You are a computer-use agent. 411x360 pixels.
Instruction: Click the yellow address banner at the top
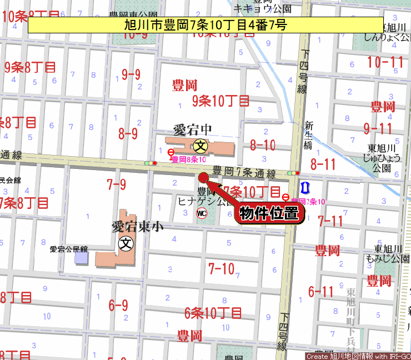pos(205,25)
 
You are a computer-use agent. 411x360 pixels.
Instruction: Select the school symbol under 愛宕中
pos(201,146)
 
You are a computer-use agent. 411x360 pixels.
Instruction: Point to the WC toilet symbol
pos(201,213)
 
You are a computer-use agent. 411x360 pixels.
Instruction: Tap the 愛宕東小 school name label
pos(137,227)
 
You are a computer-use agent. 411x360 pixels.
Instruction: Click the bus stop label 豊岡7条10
pos(308,201)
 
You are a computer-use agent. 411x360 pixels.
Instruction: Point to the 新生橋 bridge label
pos(309,135)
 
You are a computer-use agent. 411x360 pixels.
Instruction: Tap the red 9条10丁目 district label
pos(220,101)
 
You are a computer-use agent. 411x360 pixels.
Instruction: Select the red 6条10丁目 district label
pos(213,313)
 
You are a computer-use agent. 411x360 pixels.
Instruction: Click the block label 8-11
pos(323,164)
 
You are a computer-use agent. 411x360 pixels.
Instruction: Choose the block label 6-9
pos(118,305)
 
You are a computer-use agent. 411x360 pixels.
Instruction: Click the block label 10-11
pos(385,62)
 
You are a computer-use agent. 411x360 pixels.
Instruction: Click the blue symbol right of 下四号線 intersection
pos(304,187)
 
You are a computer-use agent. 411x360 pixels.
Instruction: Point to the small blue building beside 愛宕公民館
pos(81,258)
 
